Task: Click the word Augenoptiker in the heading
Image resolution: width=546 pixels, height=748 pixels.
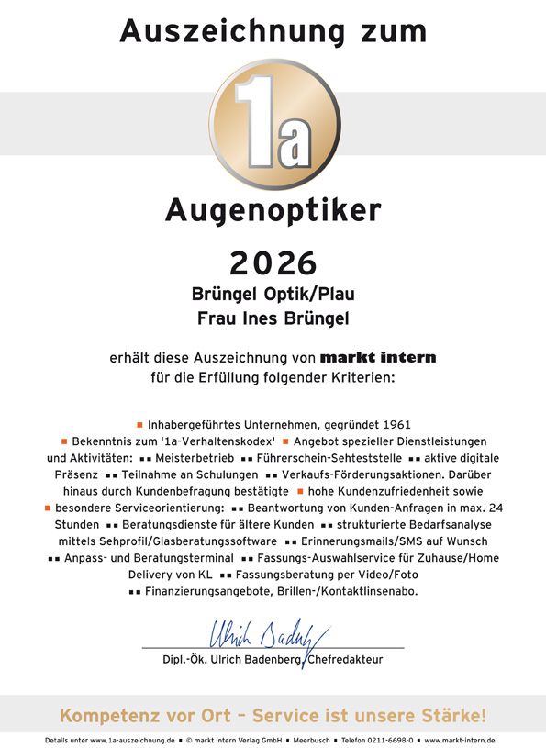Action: pos(273,212)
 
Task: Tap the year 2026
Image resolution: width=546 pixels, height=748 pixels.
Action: pos(273,262)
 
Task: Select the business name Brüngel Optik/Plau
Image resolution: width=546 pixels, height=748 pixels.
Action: pos(273,296)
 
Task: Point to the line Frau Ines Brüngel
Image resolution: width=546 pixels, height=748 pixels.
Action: pos(273,319)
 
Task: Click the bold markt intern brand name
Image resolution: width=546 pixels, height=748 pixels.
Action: pos(378,356)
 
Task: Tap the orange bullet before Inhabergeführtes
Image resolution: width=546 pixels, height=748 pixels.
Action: pos(139,425)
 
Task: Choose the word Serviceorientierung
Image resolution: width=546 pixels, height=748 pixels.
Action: pos(166,507)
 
